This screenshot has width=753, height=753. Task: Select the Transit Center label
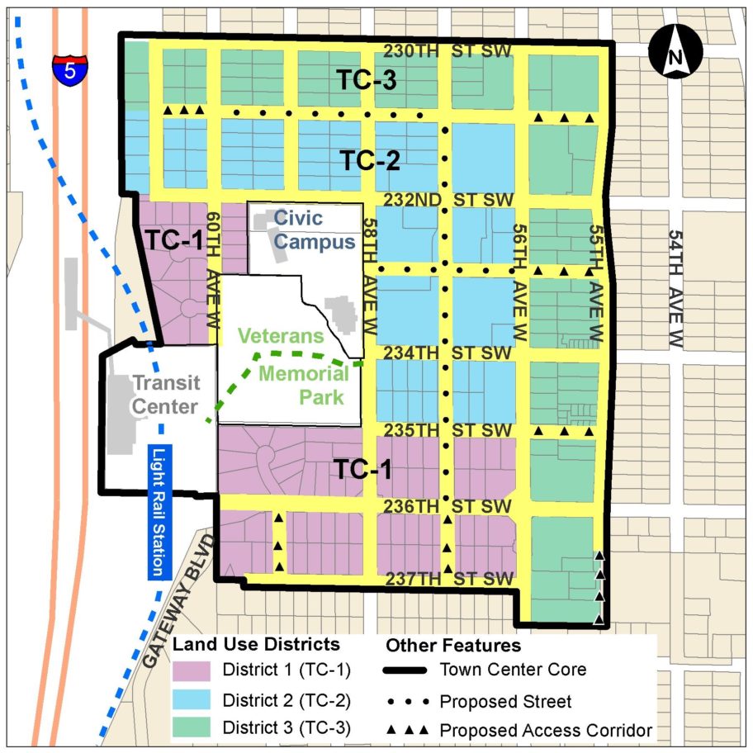(x=165, y=395)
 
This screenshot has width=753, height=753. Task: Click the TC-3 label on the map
(x=367, y=80)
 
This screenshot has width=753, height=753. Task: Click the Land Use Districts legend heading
(x=256, y=644)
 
